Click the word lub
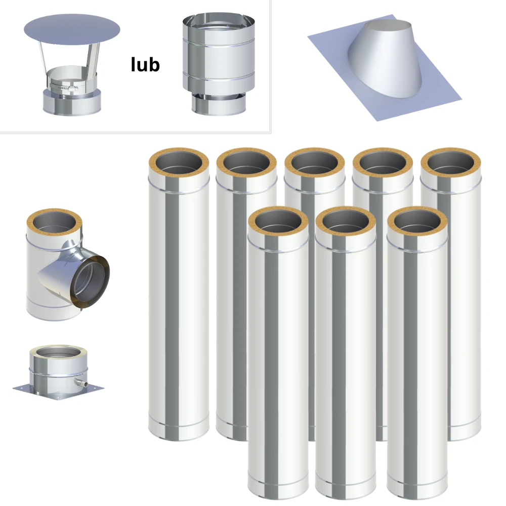(x=145, y=64)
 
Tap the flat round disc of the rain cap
(x=72, y=30)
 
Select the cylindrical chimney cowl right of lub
(x=219, y=64)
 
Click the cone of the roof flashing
(x=384, y=58)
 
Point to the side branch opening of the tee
(x=90, y=280)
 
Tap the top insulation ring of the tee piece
(x=54, y=222)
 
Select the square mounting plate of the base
(x=58, y=392)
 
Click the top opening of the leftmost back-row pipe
(x=179, y=162)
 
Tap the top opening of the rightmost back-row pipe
(x=451, y=162)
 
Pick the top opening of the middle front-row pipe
(x=346, y=221)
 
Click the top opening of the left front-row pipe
(x=278, y=221)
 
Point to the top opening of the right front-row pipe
(x=417, y=221)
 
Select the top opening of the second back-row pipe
(x=246, y=162)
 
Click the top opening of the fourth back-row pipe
(x=383, y=162)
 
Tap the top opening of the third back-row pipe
(x=315, y=162)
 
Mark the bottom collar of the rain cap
(x=72, y=102)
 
